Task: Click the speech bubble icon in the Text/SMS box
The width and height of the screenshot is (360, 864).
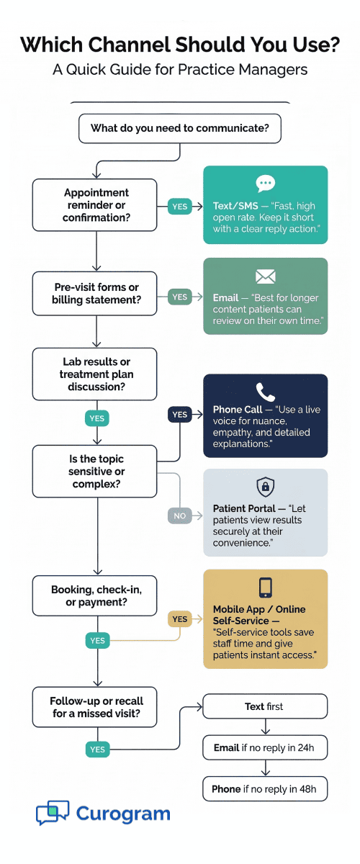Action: tap(265, 183)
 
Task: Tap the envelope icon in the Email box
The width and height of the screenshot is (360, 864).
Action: tap(265, 276)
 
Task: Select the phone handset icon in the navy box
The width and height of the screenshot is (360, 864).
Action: tap(265, 392)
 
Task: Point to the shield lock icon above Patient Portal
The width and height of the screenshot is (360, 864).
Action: tap(265, 486)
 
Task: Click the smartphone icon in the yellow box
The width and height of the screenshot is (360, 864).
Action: tap(265, 587)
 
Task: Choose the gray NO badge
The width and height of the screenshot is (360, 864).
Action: tap(180, 516)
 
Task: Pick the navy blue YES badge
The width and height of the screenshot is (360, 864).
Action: tap(180, 414)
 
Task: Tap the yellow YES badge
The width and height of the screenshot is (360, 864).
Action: tap(180, 618)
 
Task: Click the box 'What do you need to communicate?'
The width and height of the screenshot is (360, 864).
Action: tap(180, 129)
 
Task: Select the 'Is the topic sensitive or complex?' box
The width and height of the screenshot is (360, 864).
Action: tap(94, 472)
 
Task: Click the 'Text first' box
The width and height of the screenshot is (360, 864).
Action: tap(265, 706)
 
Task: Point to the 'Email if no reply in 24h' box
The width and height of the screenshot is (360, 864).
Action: tap(265, 747)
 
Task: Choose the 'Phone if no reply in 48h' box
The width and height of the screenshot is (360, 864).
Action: tap(265, 789)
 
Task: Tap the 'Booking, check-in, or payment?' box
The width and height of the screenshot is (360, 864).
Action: tap(94, 595)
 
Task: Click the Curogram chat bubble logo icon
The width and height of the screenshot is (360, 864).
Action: tap(53, 813)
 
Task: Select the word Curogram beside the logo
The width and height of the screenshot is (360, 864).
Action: tap(123, 814)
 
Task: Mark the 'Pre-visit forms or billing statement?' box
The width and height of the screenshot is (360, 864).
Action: tap(94, 294)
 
